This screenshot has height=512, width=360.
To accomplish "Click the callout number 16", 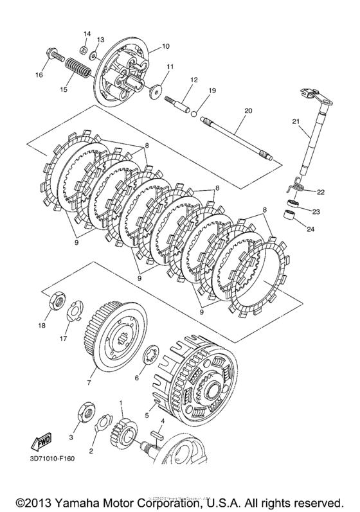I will coord(40,75).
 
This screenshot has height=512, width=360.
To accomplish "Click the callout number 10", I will coord(165,46).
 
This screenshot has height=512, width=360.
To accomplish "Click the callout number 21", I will coord(295,122).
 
